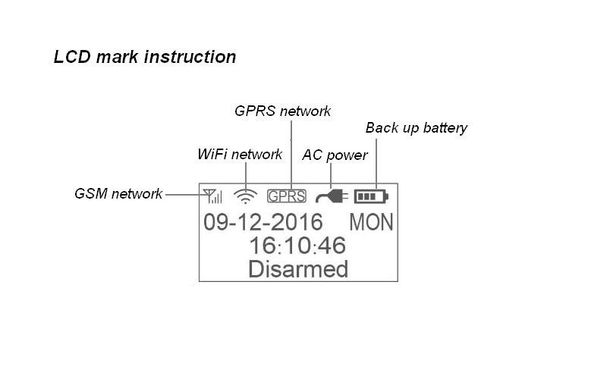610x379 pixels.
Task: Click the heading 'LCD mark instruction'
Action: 144,57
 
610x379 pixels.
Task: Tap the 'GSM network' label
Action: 118,193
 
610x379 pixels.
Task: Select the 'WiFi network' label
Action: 240,155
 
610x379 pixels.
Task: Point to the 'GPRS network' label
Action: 282,111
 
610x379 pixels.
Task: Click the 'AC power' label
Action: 335,155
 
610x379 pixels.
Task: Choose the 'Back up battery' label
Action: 416,127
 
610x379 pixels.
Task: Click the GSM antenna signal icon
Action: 212,196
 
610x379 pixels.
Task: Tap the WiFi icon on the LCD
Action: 245,196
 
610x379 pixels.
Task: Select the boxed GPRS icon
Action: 287,196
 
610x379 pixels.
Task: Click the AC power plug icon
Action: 332,196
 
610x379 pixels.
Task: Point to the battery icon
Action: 370,196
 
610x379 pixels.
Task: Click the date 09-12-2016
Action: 263,222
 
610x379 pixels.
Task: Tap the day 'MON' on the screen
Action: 371,222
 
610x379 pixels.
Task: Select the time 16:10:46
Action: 297,245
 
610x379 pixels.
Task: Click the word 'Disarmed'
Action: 298,268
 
